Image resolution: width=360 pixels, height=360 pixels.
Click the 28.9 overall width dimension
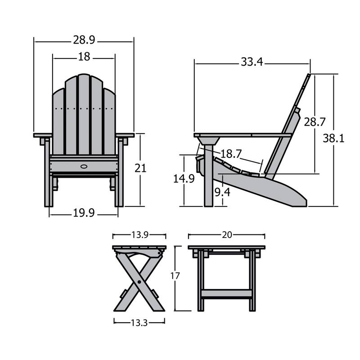point(84,40)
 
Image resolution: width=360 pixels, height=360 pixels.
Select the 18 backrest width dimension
point(84,57)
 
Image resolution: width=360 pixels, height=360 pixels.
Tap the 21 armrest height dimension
point(140,168)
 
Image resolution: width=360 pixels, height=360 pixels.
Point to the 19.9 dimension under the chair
point(84,213)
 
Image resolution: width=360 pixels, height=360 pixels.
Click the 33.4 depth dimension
point(252,62)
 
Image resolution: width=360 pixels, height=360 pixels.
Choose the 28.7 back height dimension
point(315,122)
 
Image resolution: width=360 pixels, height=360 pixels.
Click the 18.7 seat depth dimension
point(231,153)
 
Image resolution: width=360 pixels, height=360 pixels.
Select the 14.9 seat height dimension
point(184,179)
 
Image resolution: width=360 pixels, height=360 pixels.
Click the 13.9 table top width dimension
point(139,235)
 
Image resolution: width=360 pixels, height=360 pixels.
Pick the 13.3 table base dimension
point(139,322)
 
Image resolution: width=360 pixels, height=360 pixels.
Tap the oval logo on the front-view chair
point(84,166)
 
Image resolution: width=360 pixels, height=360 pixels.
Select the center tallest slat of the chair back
point(84,112)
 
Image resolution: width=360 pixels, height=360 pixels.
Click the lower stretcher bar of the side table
point(226,293)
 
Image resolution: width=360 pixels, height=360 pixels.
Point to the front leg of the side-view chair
point(208,180)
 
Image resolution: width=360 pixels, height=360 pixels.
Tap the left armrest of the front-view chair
point(43,135)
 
